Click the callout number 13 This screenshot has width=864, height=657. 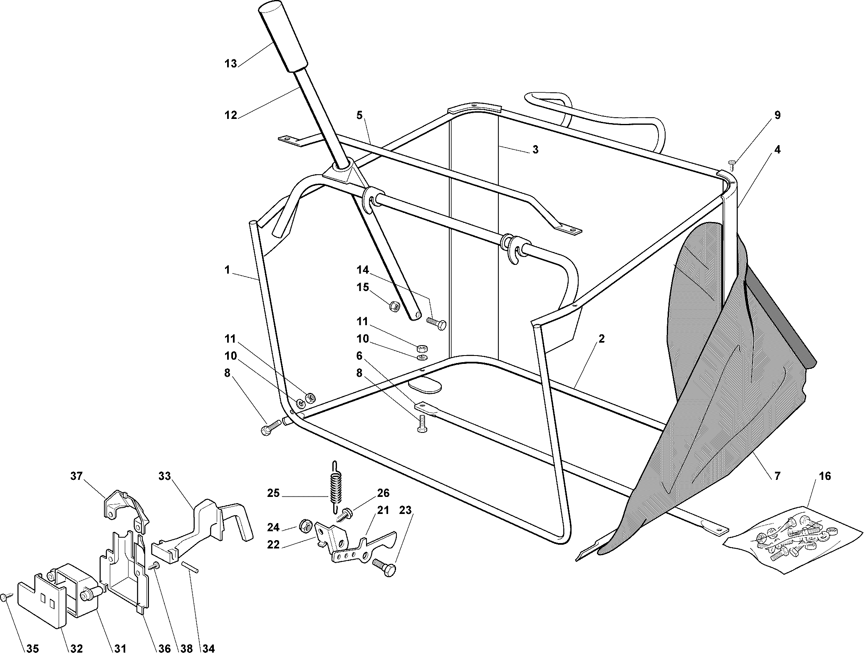tap(231, 64)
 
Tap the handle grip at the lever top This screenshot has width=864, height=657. tap(284, 37)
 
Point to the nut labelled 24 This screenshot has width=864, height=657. tap(305, 526)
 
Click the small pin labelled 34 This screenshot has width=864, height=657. tap(190, 567)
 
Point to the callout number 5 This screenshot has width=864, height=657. tap(359, 115)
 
